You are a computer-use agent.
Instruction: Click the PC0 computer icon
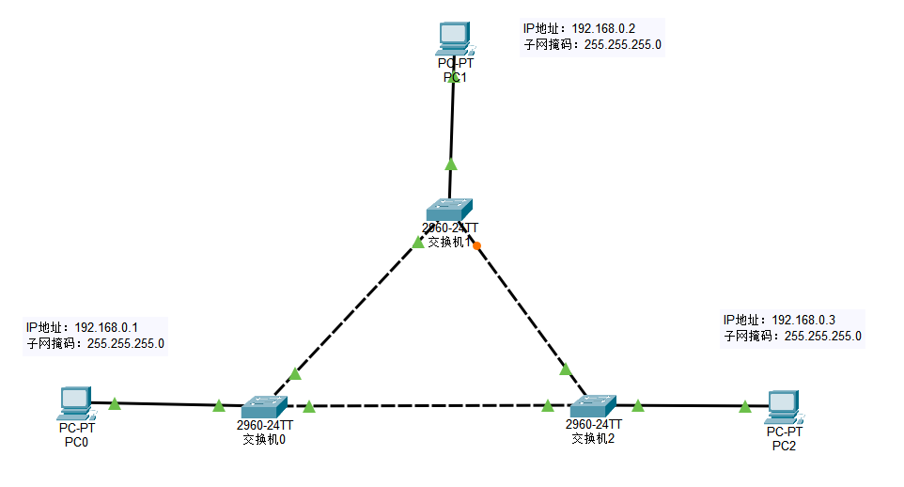click(73, 402)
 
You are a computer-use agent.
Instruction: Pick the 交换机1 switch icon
click(448, 210)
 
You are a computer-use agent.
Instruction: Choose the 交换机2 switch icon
click(592, 406)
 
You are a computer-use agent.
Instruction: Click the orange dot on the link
click(477, 246)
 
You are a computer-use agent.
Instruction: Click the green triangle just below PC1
click(451, 164)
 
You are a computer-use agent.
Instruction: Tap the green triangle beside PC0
click(115, 403)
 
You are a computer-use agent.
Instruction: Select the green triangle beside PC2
click(744, 406)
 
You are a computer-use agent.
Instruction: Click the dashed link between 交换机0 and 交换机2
click(428, 406)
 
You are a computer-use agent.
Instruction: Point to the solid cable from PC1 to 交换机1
click(452, 122)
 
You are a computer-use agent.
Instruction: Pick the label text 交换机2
click(592, 437)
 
